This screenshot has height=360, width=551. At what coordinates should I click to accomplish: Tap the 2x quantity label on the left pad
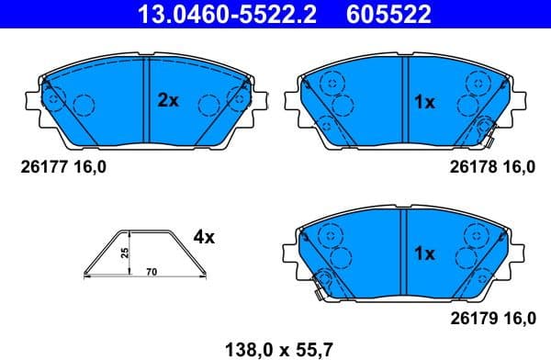pos(167,102)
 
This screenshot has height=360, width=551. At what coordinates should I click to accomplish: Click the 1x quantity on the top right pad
pos(423,103)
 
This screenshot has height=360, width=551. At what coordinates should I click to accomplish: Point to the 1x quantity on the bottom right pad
pos(423,253)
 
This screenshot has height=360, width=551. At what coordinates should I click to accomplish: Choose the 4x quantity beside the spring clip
pos(203,237)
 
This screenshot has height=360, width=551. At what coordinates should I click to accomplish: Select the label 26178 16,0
pos(490,167)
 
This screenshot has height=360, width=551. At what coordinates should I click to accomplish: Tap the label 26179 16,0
pos(490,319)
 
